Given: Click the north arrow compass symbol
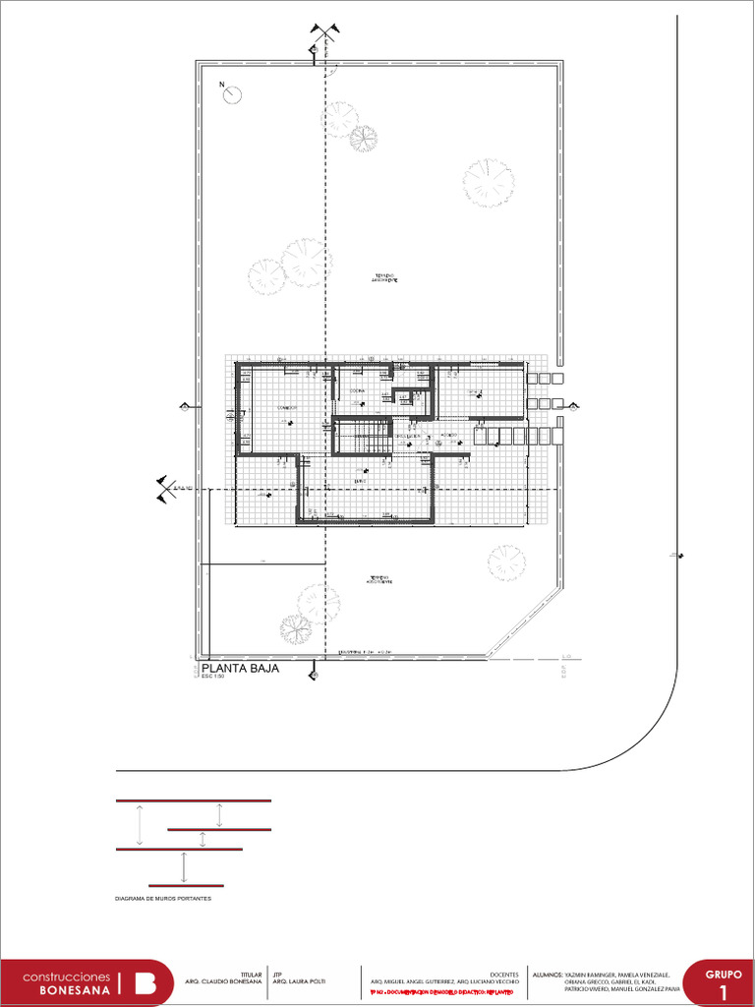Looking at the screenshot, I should click(233, 94).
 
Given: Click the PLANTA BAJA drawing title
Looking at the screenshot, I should click(240, 669).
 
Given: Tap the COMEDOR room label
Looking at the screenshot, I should click(286, 407).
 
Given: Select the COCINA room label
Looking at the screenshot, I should click(357, 390).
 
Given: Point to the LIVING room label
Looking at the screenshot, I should click(361, 481).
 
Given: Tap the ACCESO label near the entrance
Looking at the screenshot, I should click(448, 435).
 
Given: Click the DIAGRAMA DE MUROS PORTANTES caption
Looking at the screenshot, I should click(163, 899).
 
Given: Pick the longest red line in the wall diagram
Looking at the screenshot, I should click(194, 801).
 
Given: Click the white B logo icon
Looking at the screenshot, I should click(145, 983).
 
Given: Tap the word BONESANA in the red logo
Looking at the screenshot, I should click(76, 990).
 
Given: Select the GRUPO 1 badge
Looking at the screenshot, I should click(724, 982).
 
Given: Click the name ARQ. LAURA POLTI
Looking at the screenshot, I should click(299, 982).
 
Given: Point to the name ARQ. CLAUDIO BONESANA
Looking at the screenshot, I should click(224, 982).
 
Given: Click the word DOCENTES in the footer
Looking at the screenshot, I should click(504, 974).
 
